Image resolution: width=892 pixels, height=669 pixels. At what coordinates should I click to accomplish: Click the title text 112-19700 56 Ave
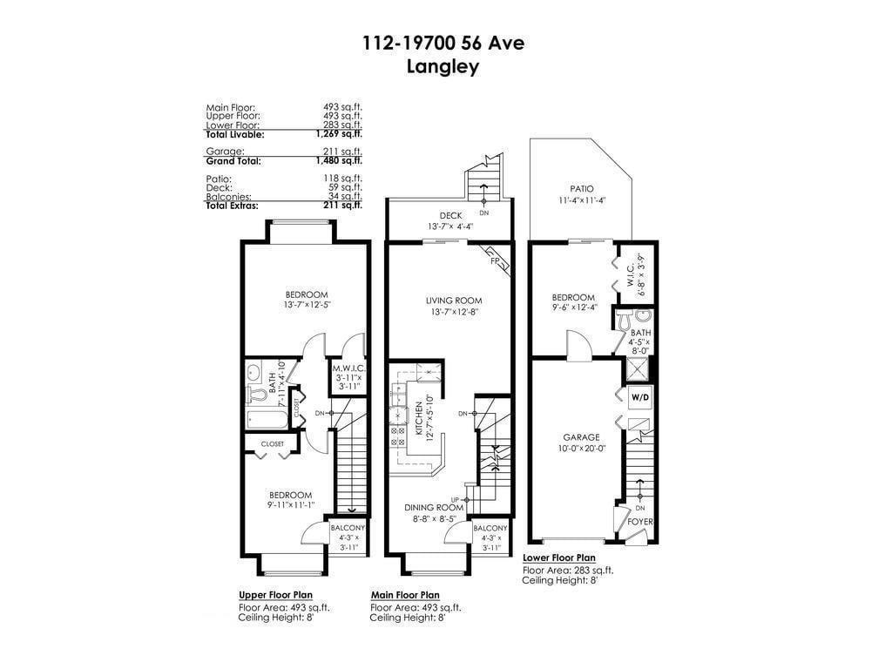[443, 43]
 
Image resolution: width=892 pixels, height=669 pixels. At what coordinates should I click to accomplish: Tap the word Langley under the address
[443, 67]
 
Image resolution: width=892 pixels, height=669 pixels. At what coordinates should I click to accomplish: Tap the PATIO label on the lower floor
[581, 189]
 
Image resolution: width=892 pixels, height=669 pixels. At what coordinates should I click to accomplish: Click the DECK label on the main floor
[449, 215]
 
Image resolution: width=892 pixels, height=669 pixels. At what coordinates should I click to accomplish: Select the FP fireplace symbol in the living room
[495, 260]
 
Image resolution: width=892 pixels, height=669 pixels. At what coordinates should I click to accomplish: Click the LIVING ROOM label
[449, 301]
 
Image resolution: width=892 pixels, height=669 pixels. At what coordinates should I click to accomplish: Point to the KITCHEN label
[418, 418]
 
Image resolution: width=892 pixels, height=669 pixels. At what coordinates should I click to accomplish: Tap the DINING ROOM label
[433, 507]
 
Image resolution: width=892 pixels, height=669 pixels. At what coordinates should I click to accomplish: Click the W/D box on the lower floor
[639, 397]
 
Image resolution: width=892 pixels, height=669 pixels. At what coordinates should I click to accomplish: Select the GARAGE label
[581, 437]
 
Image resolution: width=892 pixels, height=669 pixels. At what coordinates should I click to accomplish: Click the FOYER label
[640, 522]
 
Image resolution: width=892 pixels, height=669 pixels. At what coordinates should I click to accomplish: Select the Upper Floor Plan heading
[275, 595]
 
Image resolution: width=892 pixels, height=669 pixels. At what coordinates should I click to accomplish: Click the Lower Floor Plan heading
[559, 557]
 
